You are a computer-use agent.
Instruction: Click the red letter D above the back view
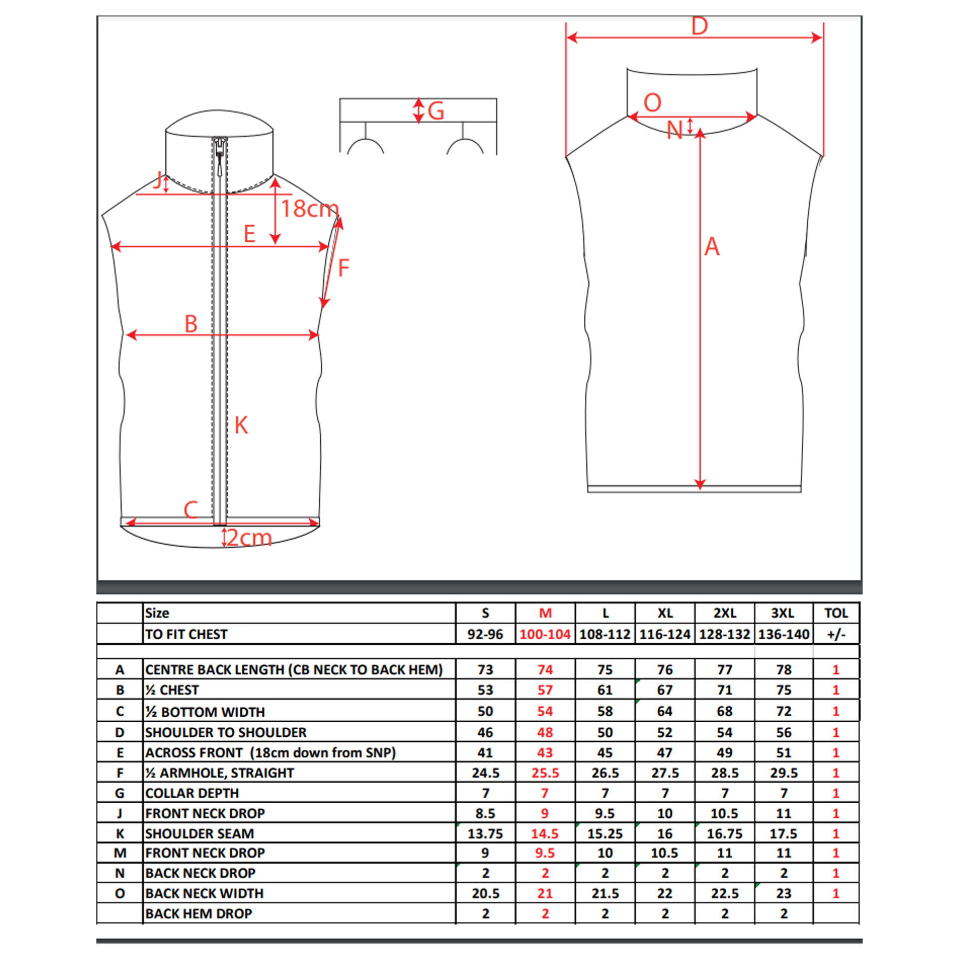[699, 26]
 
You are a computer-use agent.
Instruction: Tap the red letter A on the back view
[712, 247]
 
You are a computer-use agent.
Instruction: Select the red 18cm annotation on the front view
[309, 208]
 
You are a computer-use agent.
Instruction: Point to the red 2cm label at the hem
[249, 538]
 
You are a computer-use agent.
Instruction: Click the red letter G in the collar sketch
[436, 111]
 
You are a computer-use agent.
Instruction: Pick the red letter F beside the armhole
[343, 268]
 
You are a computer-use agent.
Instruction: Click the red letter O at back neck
[652, 103]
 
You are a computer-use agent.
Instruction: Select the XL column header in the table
[665, 613]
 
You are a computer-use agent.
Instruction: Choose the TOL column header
[836, 613]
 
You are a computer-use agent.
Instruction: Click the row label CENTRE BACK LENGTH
[294, 669]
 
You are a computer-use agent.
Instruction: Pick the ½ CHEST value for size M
[545, 690]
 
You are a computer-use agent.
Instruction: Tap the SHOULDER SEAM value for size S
[485, 834]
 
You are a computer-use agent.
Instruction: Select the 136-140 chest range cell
[783, 634]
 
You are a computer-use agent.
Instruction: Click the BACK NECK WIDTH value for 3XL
[783, 893]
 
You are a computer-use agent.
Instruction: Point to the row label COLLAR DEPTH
[192, 793]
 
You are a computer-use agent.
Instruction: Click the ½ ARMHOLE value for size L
[605, 773]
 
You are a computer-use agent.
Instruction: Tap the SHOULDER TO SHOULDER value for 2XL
[724, 733]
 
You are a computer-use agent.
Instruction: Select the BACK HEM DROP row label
[199, 914]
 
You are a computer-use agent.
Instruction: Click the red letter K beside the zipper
[241, 426]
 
